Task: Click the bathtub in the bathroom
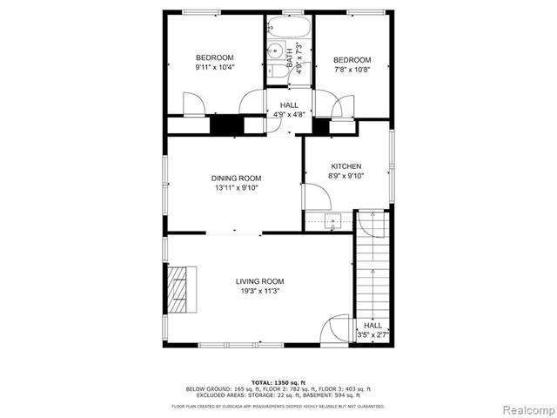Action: point(290,25)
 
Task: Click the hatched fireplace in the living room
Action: point(179,290)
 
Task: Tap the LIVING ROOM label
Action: point(259,281)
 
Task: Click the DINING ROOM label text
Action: point(236,178)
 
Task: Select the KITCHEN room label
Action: point(346,166)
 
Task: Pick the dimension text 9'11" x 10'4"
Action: point(215,67)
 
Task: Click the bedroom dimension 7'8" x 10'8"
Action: point(352,70)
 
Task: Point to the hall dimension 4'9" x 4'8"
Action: point(289,115)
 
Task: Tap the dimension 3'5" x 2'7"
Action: point(372,334)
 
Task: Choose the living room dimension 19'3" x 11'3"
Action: point(259,292)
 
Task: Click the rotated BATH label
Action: point(291,58)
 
